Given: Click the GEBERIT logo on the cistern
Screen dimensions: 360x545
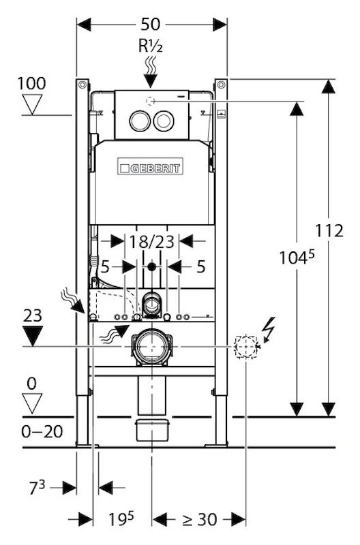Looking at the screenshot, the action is [150, 166].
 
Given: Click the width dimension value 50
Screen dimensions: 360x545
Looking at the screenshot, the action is [150, 25].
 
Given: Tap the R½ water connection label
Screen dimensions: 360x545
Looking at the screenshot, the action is [151, 46].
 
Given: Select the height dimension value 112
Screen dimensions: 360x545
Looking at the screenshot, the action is [329, 230].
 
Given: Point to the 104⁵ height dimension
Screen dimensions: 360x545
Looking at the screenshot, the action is [297, 257].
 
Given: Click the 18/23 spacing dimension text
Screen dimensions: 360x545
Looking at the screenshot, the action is [151, 241].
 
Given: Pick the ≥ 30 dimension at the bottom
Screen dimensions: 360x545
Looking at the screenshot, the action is [200, 520].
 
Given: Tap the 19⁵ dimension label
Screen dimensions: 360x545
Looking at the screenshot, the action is [121, 519].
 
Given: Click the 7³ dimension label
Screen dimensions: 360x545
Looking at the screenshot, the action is [37, 488].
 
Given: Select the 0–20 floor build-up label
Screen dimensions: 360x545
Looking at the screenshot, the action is [42, 432].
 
